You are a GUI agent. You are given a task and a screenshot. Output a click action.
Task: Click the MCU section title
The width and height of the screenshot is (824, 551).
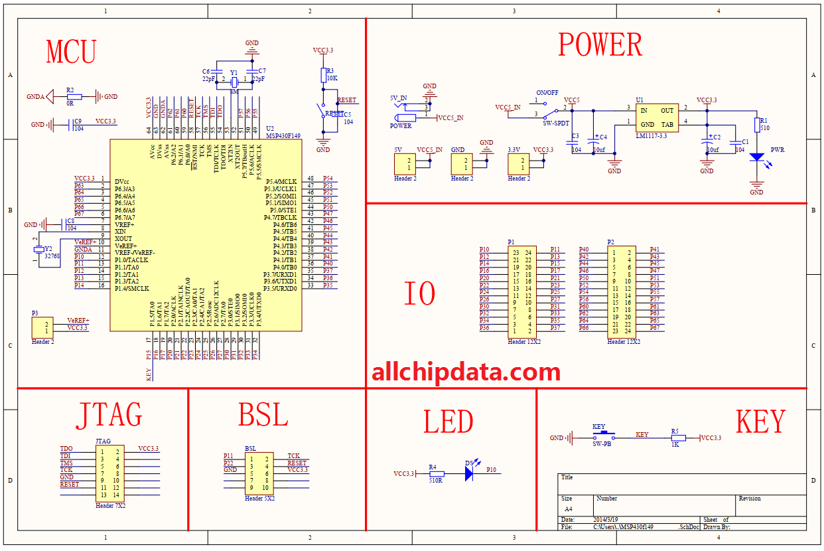point(71,52)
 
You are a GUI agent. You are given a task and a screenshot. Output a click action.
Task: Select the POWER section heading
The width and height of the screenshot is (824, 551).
point(600,45)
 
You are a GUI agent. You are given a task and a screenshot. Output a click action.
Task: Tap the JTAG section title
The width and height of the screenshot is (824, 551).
point(109,415)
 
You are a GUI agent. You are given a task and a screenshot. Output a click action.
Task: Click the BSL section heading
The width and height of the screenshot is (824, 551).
point(263,416)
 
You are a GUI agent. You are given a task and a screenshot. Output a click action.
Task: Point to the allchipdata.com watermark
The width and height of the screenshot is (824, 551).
point(466,372)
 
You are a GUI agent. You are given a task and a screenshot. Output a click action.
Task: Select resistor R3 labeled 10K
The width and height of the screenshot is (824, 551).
point(323,75)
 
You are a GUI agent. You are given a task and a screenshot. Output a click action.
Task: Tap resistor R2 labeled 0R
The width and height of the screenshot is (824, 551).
point(74,97)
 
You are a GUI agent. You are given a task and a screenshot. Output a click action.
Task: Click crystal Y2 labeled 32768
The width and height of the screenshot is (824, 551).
point(39,250)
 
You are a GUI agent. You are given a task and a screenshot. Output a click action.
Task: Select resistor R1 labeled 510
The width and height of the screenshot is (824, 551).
point(757,125)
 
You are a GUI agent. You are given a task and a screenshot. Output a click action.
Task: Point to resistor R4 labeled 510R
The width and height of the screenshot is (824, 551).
point(435,474)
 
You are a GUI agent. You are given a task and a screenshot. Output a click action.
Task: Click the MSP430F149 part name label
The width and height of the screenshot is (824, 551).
point(283,135)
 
